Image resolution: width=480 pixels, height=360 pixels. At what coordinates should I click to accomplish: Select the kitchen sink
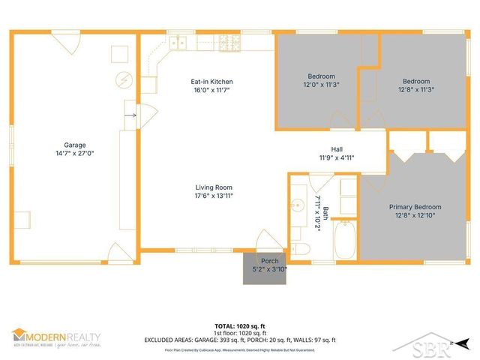click(x=178, y=43)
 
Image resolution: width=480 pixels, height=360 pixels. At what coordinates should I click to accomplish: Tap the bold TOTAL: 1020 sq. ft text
click(x=239, y=326)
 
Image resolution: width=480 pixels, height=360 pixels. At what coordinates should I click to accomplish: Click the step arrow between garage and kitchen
click(x=134, y=115)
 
